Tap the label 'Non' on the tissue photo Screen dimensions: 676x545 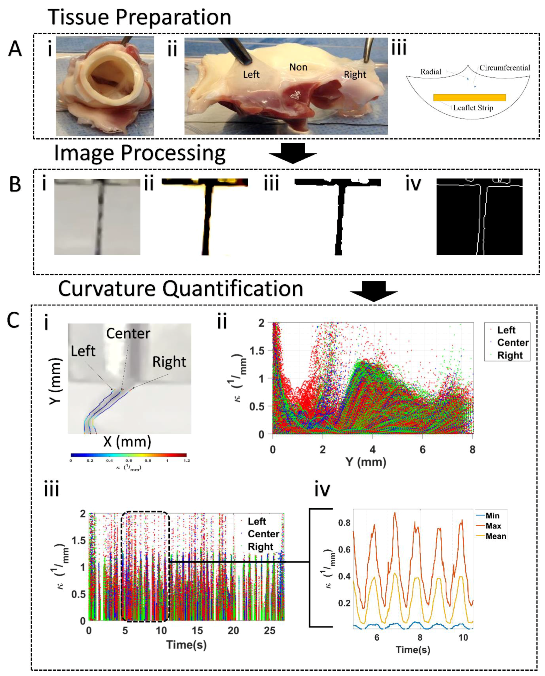[x=298, y=67]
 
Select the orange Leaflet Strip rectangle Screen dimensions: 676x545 [x=469, y=98]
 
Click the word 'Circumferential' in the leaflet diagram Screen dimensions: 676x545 [x=504, y=68]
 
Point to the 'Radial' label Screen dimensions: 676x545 [x=431, y=72]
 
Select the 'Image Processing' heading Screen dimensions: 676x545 [x=140, y=153]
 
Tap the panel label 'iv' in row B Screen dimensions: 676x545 [x=413, y=184]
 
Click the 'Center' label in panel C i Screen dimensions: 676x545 [x=128, y=333]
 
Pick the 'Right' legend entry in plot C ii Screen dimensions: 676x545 [x=510, y=355]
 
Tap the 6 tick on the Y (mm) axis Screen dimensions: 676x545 [x=423, y=450]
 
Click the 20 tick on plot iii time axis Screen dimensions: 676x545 [x=233, y=631]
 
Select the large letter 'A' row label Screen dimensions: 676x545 [x=15, y=49]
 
